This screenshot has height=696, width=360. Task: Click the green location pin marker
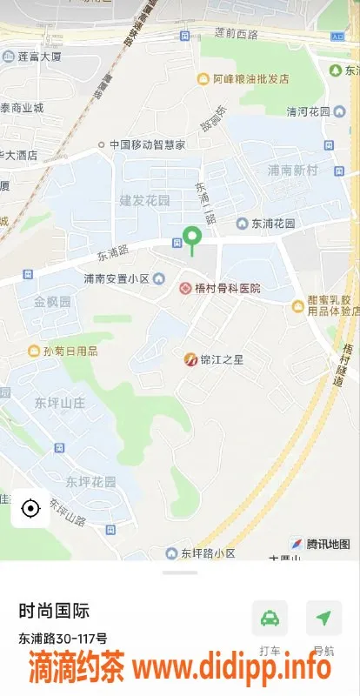[x=192, y=237]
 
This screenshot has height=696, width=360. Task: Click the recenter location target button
[x=30, y=508]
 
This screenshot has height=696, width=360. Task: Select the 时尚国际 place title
[x=54, y=611]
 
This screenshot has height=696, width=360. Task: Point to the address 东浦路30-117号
[x=63, y=638]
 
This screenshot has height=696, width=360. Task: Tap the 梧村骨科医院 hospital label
[x=220, y=288]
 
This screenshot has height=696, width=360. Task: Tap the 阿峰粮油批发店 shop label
[x=246, y=79]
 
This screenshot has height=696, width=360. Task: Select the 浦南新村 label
[x=292, y=171]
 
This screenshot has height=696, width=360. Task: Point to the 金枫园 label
[x=52, y=303]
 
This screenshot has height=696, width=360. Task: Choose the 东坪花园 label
[x=90, y=481]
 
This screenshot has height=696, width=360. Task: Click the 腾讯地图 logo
[x=321, y=544]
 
